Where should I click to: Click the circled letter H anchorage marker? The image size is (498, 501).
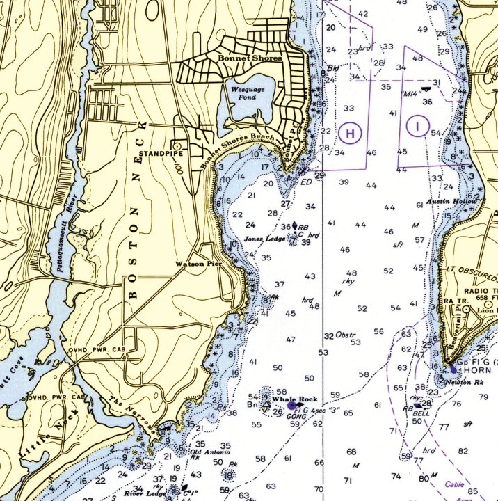pyautogui.click(x=351, y=132)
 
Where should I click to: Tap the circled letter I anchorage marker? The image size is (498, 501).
pyautogui.click(x=417, y=127)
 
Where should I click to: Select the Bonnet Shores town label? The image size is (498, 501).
pyautogui.click(x=249, y=58)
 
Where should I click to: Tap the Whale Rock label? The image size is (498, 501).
pyautogui.click(x=294, y=399)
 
